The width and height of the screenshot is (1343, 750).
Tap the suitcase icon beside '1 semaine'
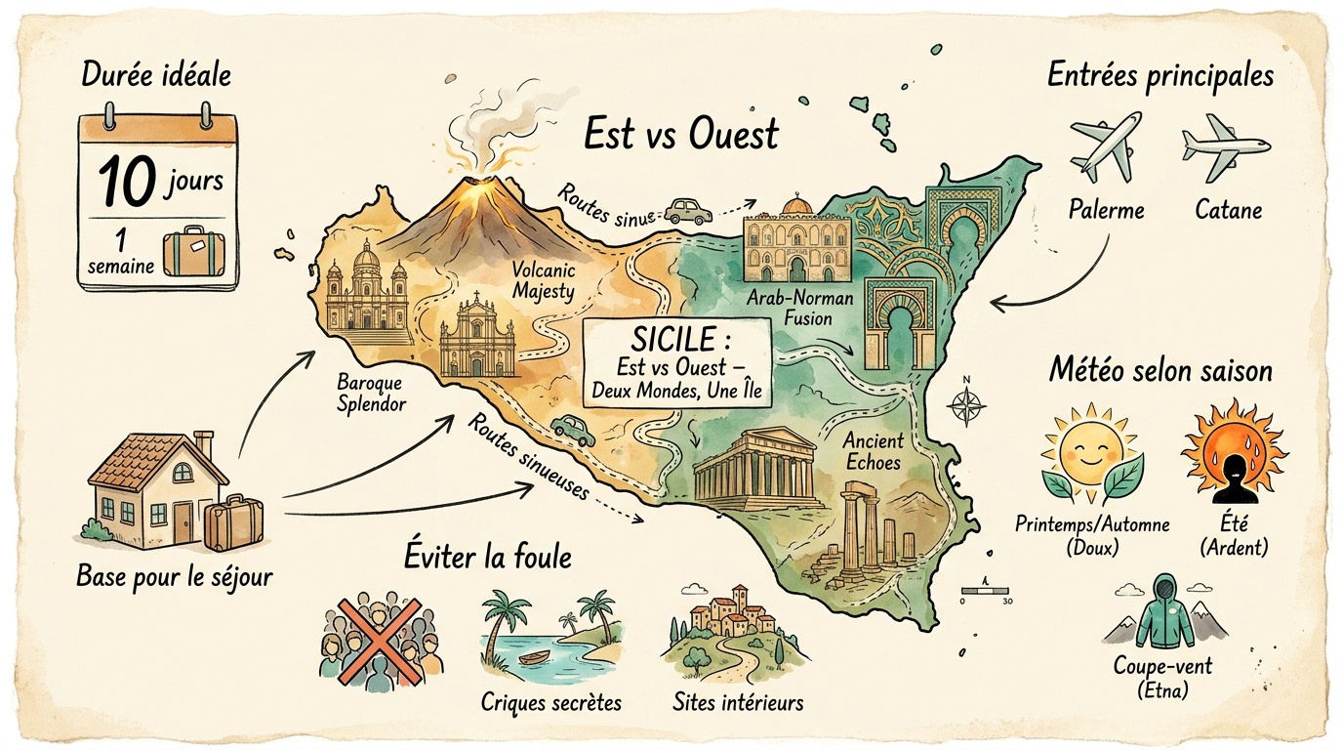(x=194, y=251)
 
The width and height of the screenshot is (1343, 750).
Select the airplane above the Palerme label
(x=1105, y=146)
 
